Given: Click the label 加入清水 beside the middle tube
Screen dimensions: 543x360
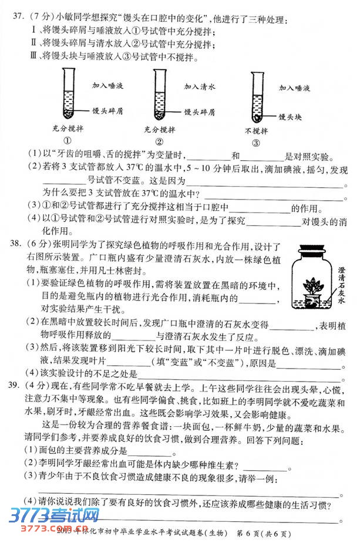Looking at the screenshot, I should point(200,86).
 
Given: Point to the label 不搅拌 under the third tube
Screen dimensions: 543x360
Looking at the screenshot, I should point(256,130).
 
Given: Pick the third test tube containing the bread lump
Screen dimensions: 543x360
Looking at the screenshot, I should point(255,97).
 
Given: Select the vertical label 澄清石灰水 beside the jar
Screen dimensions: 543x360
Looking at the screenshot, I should point(342,285).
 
